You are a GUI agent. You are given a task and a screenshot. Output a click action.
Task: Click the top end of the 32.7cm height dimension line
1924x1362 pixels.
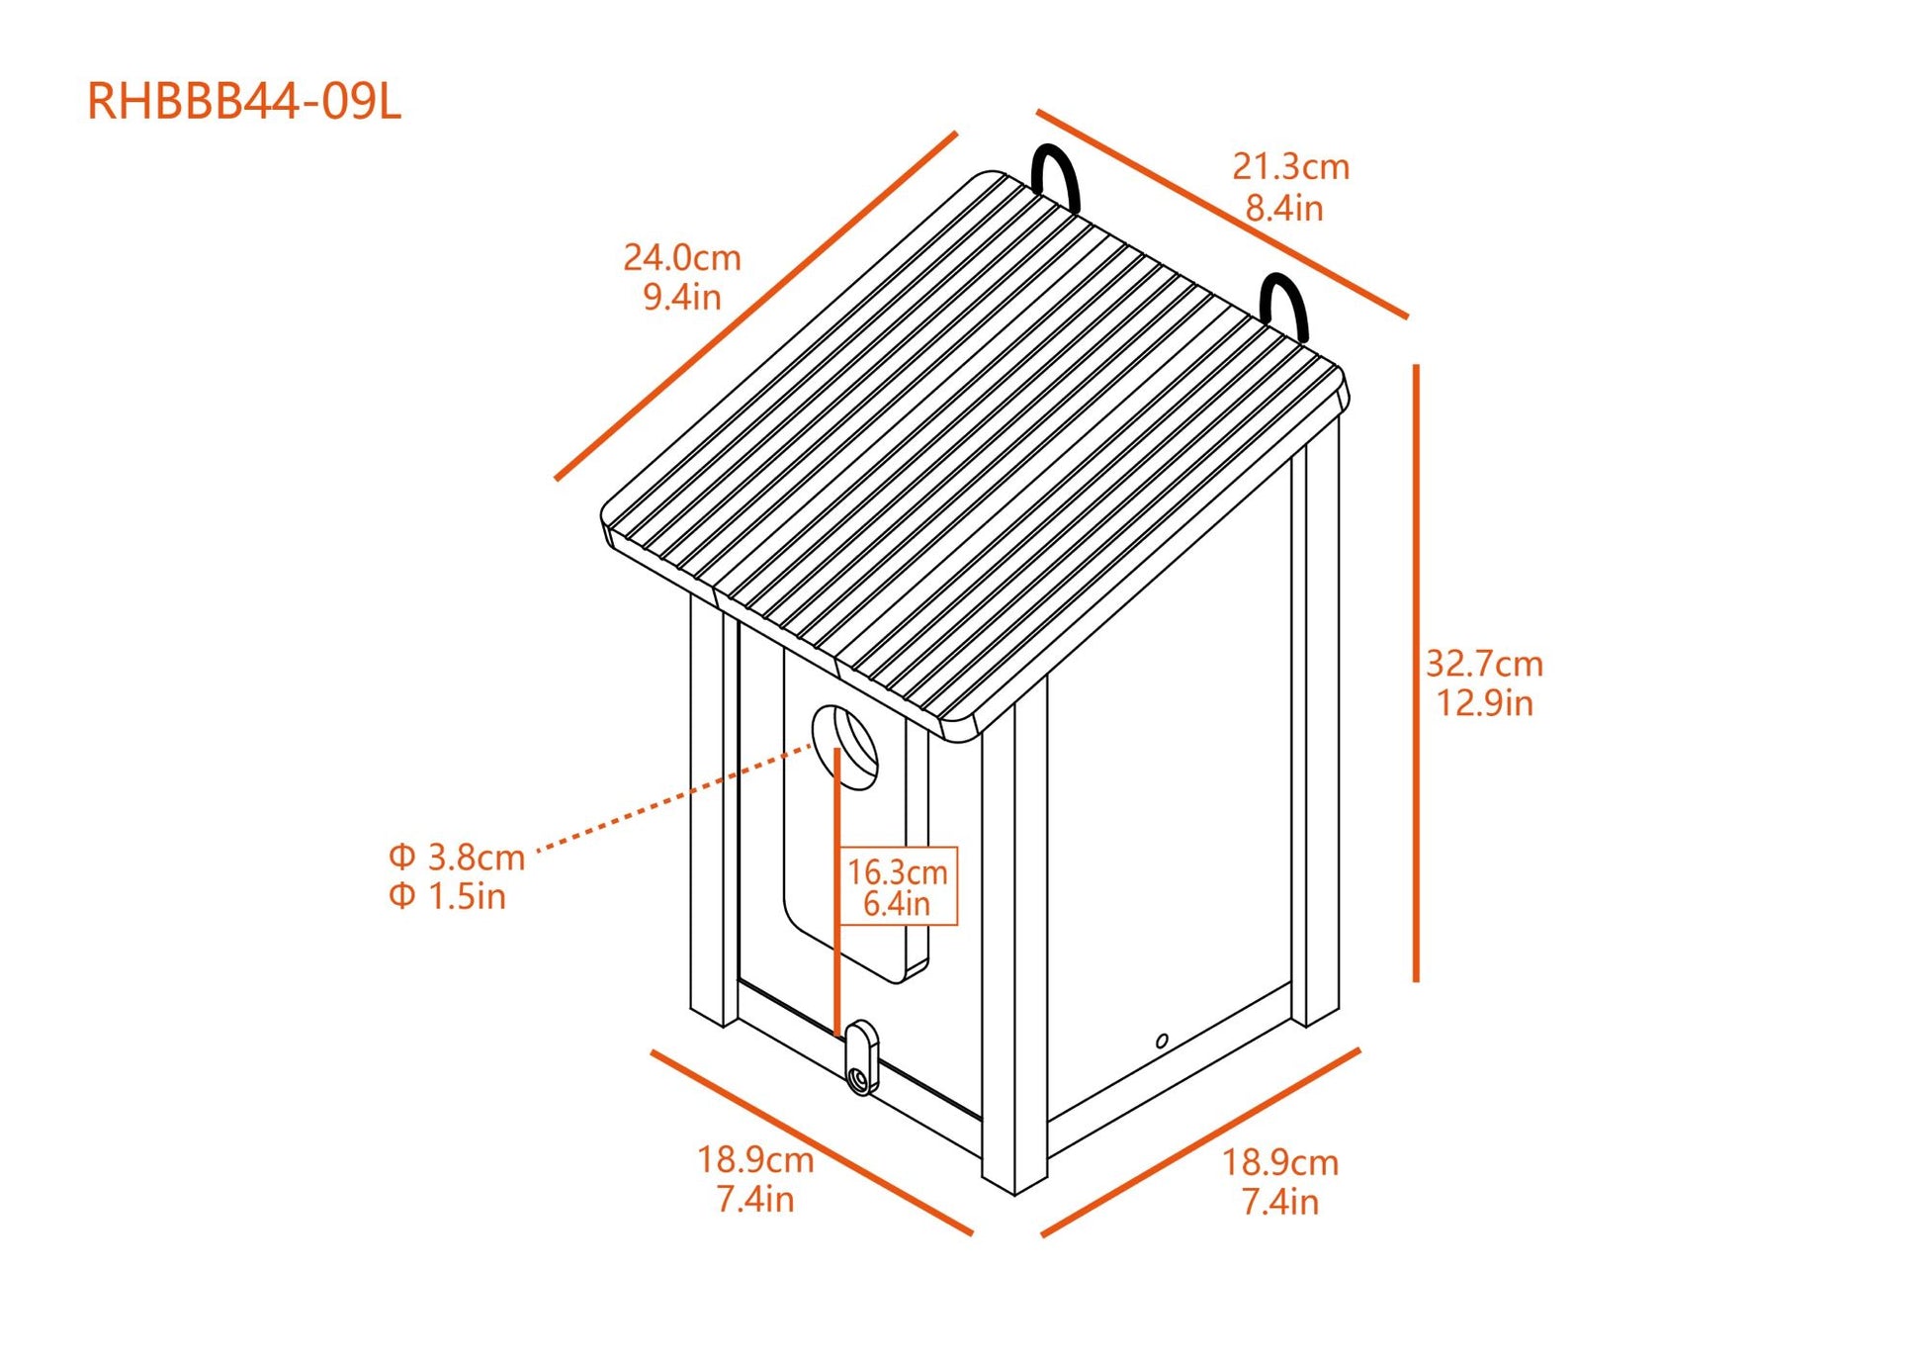[1416, 366]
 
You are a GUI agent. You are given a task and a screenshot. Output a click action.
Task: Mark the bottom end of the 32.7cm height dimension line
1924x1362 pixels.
[1416, 980]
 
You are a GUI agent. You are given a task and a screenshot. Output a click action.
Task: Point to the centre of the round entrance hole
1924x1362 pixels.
[845, 748]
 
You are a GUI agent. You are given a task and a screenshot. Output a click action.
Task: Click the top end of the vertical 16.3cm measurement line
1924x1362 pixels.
[837, 750]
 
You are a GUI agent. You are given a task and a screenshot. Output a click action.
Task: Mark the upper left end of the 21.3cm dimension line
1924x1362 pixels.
[1038, 112]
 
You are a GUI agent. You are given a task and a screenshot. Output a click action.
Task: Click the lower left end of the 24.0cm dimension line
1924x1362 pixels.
[557, 479]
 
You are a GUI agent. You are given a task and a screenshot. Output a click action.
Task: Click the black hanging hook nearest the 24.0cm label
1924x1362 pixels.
[1055, 178]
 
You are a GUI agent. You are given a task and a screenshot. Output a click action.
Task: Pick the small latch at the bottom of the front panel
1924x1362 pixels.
[861, 1057]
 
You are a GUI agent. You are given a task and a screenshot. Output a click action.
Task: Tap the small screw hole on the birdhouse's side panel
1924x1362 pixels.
[1162, 1041]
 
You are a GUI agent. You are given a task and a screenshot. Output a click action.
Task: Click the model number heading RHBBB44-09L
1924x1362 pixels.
[244, 102]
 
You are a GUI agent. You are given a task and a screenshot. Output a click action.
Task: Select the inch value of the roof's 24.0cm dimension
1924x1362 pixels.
[682, 297]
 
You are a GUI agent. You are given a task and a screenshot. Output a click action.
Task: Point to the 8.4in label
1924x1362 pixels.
[1284, 208]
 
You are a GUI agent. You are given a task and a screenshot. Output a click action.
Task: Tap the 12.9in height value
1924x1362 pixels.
[1484, 703]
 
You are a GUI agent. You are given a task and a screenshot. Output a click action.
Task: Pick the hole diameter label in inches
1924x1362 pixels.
[447, 896]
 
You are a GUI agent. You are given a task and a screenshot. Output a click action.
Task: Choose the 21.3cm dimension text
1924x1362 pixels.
[1290, 166]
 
